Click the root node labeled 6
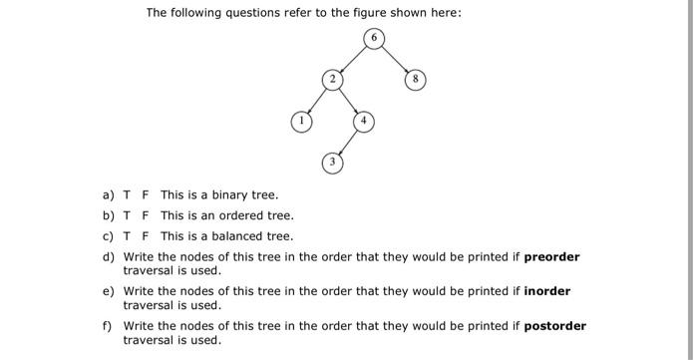(x=374, y=39)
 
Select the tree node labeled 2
(x=334, y=79)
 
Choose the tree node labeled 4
(x=364, y=122)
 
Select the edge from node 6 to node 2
(x=354, y=59)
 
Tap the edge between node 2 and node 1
(x=317, y=100)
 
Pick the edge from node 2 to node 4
(x=349, y=100)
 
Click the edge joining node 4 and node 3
(x=349, y=142)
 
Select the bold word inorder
(x=547, y=291)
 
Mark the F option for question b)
(x=146, y=215)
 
